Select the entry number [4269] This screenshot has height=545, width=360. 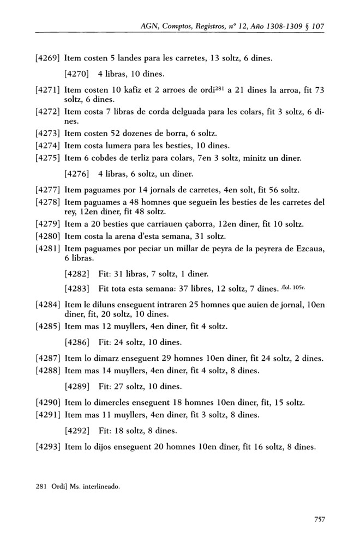46,58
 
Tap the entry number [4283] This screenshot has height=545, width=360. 76,287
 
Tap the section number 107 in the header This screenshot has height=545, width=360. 317,26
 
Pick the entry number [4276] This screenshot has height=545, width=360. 76,174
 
